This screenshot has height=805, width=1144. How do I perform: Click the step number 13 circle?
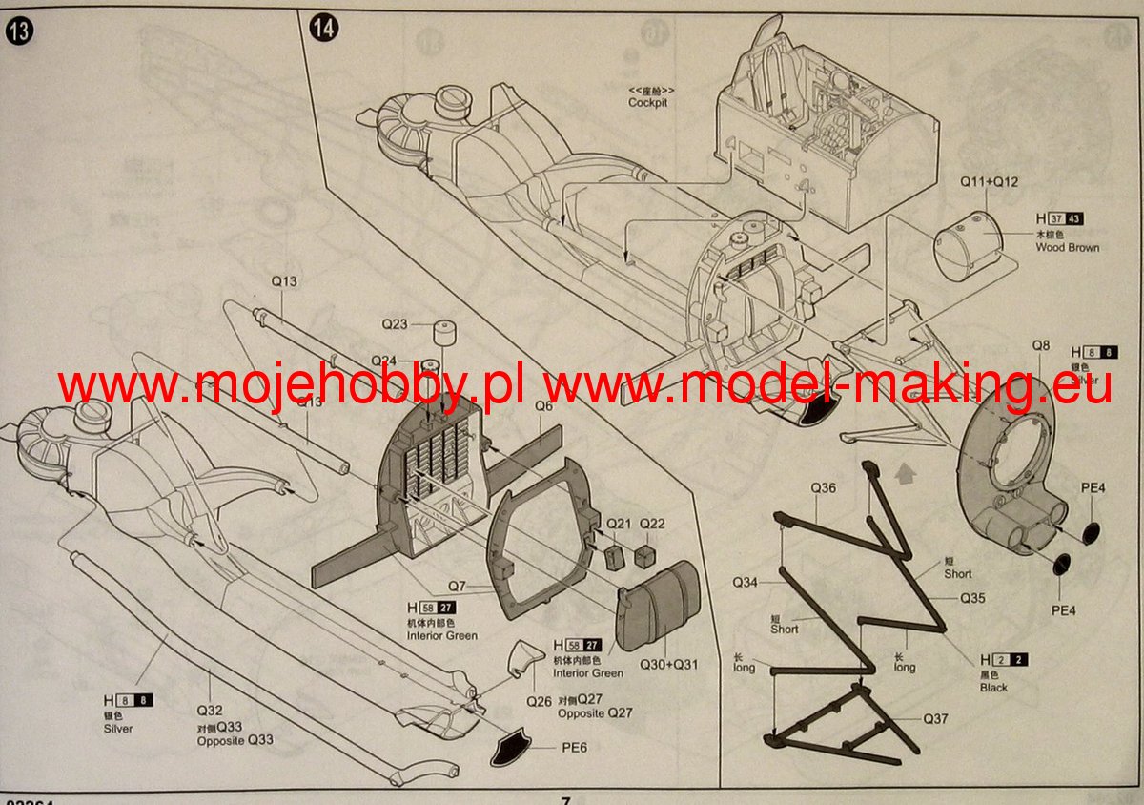tap(18, 31)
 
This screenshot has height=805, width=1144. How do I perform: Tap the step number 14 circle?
tap(323, 28)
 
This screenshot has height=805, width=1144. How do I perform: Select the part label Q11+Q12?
tap(990, 181)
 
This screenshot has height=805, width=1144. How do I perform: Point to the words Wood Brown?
tap(1067, 247)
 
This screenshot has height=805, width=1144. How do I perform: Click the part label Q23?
tap(396, 324)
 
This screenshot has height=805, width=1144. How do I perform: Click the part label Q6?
tap(543, 405)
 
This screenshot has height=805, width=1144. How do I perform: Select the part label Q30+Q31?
tap(669, 664)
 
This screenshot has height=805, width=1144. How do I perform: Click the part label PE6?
tap(574, 747)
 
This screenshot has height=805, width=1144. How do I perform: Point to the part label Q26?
tap(539, 701)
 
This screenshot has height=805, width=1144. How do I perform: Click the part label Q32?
tap(210, 711)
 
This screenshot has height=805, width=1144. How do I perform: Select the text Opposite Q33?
tap(235, 740)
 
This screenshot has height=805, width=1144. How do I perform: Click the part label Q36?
tap(824, 488)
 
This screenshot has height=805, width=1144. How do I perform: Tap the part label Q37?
tap(935, 718)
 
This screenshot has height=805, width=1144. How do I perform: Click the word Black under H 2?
tap(993, 687)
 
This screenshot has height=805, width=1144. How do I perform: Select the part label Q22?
tap(652, 524)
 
